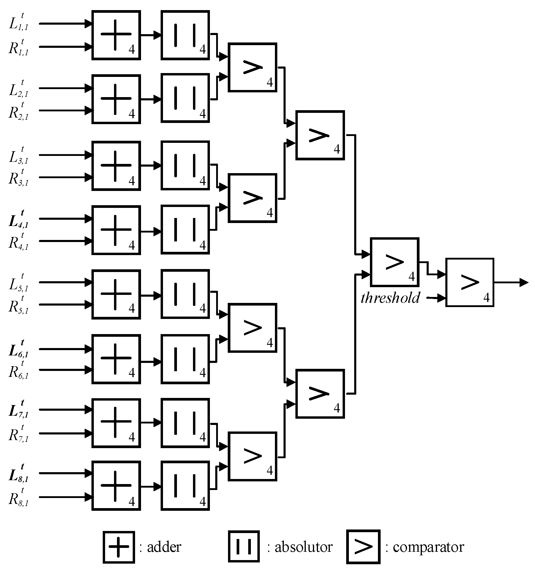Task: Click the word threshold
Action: tap(390, 298)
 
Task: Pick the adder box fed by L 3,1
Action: tap(116, 165)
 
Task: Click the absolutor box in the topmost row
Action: tap(185, 35)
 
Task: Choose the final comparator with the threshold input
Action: tap(470, 282)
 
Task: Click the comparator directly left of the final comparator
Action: tap(395, 262)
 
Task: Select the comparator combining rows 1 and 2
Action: tap(252, 67)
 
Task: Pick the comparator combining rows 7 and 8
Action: tap(252, 456)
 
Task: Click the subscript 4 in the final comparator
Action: tap(486, 298)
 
